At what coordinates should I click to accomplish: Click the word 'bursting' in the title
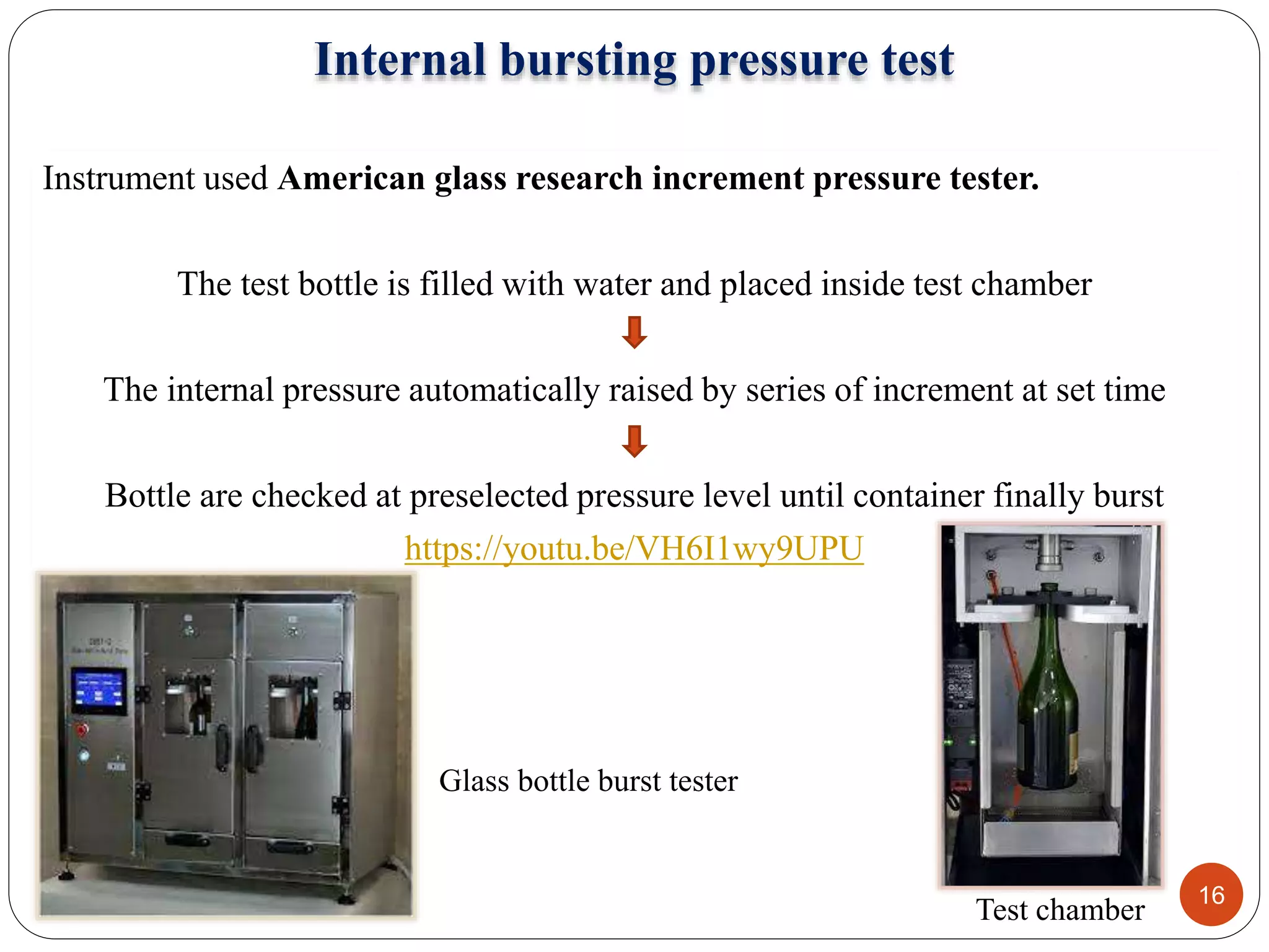pos(587,60)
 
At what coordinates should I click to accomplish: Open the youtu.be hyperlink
pos(633,549)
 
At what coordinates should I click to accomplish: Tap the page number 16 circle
pos(1211,894)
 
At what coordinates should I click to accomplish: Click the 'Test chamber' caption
pos(1060,910)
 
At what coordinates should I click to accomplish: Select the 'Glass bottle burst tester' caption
pos(588,780)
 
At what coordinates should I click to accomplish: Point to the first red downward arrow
pos(634,332)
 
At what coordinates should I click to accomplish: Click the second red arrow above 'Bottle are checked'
pos(634,441)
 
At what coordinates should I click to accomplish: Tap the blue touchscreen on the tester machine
pos(99,690)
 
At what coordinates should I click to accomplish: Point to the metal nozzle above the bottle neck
pos(1049,552)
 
